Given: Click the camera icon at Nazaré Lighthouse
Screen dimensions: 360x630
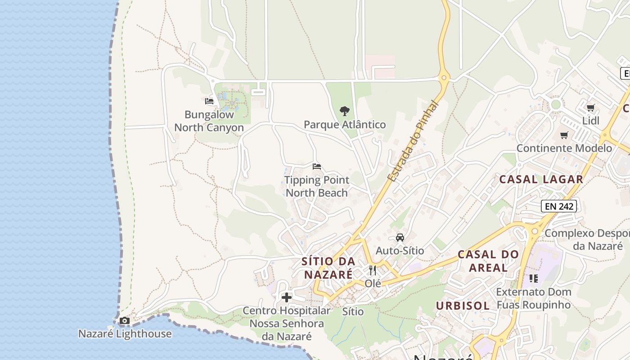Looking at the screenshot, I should (x=125, y=321).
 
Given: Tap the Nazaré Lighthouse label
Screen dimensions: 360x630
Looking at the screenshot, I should (x=125, y=334).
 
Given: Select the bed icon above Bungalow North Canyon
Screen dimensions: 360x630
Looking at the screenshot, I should (x=209, y=101).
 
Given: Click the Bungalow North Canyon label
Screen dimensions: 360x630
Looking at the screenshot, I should (x=209, y=121).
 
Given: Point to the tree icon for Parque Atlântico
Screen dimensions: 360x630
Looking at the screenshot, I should (x=345, y=111).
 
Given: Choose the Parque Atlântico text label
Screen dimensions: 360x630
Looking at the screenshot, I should (x=345, y=125).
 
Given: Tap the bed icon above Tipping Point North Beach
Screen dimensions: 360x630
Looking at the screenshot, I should (x=317, y=166).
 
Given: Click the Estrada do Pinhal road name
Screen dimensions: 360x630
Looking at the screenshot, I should (x=413, y=141).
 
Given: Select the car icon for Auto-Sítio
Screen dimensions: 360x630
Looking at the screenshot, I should (x=400, y=237).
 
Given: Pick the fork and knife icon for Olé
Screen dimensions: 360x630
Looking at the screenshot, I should (x=373, y=270).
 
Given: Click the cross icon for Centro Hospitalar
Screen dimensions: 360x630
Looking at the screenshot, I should (x=287, y=297).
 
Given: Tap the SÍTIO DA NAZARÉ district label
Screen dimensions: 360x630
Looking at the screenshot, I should (x=328, y=268).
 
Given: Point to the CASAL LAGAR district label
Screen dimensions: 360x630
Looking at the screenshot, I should (x=541, y=179).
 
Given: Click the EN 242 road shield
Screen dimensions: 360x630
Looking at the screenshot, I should (x=558, y=206).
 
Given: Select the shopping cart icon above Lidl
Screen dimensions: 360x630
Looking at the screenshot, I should (x=591, y=108).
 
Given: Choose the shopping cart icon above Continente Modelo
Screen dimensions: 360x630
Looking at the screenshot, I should (x=564, y=135).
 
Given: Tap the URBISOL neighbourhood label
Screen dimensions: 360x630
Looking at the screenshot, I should (x=463, y=306).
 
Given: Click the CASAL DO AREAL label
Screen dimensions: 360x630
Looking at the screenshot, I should (x=488, y=261).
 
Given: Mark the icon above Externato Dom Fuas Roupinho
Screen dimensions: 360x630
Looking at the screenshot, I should (x=534, y=279).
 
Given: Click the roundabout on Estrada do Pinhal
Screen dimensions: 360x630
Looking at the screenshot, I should (x=444, y=77).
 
